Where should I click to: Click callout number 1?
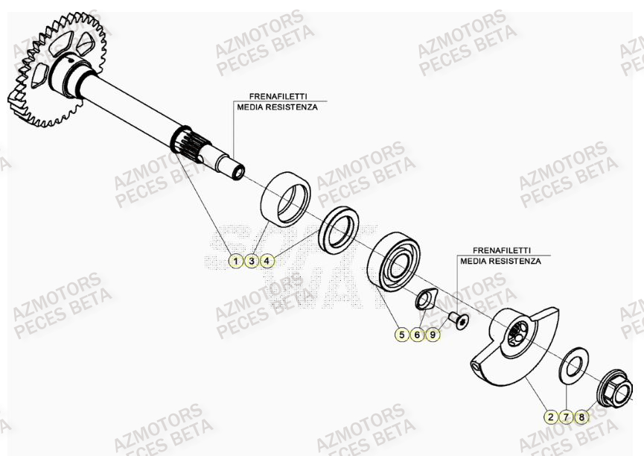click(235, 261)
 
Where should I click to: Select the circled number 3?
click(252, 261)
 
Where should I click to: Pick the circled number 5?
click(402, 335)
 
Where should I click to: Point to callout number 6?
click(418, 335)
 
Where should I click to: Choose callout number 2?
click(550, 417)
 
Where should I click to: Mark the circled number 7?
click(566, 417)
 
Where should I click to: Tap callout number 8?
click(581, 417)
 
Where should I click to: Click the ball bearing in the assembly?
click(394, 262)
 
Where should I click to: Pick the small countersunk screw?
click(456, 320)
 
